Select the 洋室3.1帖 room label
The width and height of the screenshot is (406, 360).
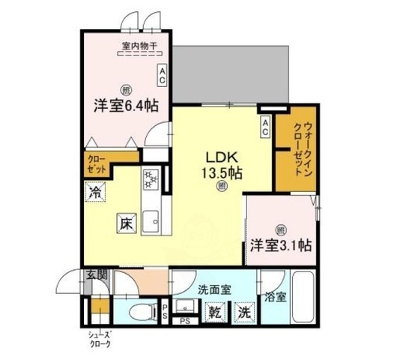[282, 245]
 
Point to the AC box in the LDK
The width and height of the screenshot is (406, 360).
[264, 128]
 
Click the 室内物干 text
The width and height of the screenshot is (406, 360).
[139, 46]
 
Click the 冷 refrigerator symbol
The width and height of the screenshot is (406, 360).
[95, 192]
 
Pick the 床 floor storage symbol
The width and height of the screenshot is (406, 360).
[126, 223]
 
